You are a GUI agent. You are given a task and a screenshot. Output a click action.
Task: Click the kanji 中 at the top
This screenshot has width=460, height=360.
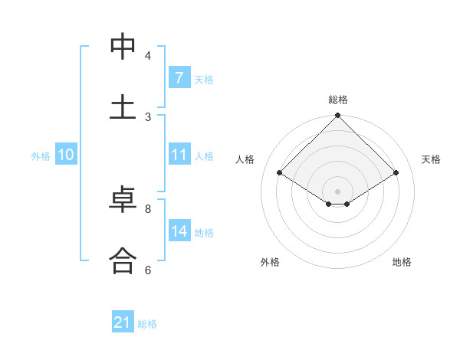(x=123, y=47)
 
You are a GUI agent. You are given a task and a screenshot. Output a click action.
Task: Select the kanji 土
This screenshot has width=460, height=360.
(x=123, y=106)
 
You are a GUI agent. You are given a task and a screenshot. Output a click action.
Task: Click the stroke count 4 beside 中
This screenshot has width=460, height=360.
(x=148, y=56)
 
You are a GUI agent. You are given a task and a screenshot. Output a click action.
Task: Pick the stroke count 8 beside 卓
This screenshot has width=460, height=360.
(x=148, y=208)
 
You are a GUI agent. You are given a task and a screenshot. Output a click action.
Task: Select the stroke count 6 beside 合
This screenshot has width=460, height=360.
(x=148, y=269)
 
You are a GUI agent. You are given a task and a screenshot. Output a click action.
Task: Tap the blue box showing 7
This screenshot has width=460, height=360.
(x=179, y=78)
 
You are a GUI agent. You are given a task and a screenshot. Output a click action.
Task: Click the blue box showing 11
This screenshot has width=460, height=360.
(x=179, y=155)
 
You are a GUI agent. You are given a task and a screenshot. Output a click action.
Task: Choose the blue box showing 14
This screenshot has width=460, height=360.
(x=179, y=231)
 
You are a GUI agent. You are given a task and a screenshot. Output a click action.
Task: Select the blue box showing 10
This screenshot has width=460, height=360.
(x=65, y=155)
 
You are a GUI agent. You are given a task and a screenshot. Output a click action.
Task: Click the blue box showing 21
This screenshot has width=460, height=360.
(x=122, y=323)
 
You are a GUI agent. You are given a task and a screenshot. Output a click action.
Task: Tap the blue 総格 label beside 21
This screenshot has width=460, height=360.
(x=147, y=324)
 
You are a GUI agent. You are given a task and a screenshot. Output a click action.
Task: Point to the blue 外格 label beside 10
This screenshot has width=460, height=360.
(x=41, y=155)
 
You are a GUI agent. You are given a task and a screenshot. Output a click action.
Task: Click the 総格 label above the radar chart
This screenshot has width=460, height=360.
(x=338, y=100)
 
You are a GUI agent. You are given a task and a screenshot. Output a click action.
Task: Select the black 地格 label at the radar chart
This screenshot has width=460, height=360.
(x=402, y=262)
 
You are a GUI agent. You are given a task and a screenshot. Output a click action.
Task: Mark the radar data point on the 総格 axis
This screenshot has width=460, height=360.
(x=338, y=116)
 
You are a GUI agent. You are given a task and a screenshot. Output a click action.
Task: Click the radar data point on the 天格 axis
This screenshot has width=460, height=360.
(x=396, y=173)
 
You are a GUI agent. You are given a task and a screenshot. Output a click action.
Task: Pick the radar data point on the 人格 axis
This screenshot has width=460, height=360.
(x=280, y=173)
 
